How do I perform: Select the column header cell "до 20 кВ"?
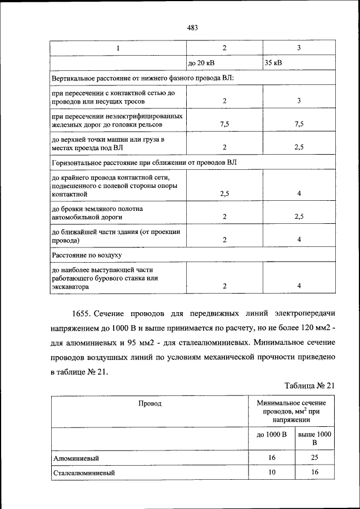[201, 62]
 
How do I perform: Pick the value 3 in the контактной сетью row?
[299, 101]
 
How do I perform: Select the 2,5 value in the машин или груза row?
[299, 147]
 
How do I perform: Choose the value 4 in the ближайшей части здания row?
[299, 240]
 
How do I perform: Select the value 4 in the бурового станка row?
[299, 286]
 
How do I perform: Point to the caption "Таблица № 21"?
[309, 385]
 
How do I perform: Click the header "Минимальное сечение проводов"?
[291, 411]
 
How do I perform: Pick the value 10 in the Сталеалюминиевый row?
[272, 473]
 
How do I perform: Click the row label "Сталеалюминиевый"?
[84, 473]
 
